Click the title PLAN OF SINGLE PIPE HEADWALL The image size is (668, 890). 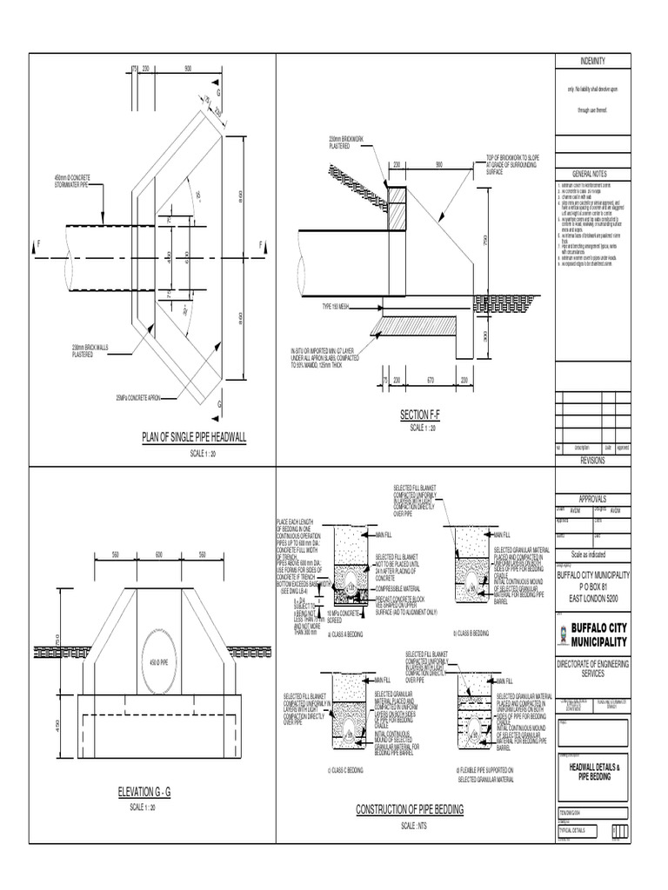(194, 438)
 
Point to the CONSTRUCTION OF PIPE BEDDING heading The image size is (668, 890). (410, 809)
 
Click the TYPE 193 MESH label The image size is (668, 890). (315, 308)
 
